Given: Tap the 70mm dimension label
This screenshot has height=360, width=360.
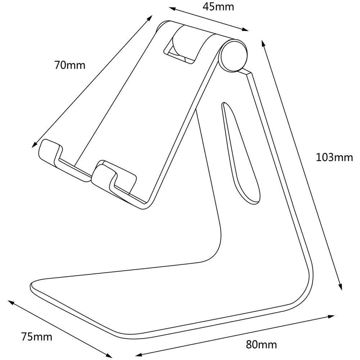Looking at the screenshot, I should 70,65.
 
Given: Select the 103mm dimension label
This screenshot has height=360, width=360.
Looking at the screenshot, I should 334,157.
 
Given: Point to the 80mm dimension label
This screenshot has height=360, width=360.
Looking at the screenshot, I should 262,345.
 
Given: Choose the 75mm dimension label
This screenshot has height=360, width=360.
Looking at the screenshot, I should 37,337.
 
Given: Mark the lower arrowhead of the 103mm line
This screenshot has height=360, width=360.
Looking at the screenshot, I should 340,287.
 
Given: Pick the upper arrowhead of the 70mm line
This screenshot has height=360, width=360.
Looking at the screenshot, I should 150,17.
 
